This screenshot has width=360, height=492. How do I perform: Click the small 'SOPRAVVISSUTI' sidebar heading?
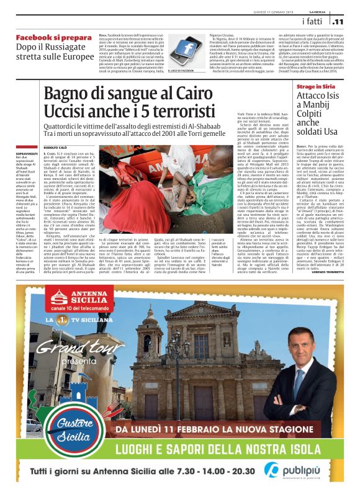[28, 151]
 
